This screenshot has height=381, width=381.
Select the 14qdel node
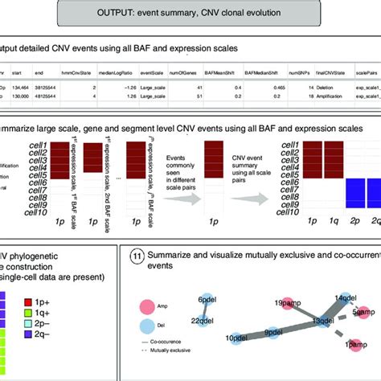345,299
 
